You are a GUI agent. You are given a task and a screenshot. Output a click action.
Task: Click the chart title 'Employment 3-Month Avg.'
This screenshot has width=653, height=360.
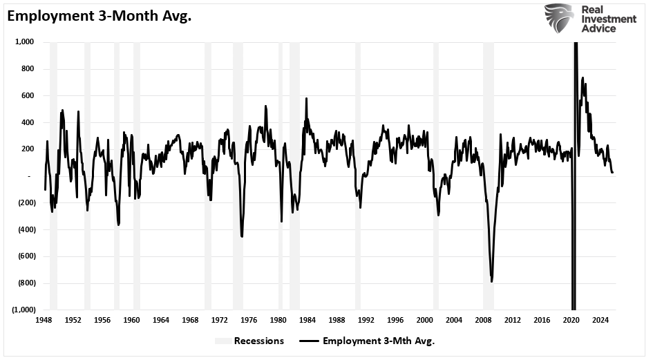click(x=100, y=16)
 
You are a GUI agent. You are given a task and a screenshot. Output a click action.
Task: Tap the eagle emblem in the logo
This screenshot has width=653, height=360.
click(x=559, y=19)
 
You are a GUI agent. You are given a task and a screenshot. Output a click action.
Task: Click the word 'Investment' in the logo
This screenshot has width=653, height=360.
click(x=609, y=19)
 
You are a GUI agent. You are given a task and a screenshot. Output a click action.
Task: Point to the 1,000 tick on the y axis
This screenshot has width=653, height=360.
click(x=23, y=42)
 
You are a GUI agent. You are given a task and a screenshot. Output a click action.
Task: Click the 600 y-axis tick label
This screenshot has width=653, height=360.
click(x=27, y=95)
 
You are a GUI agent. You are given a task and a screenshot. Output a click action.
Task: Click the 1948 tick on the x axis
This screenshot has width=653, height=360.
click(x=44, y=321)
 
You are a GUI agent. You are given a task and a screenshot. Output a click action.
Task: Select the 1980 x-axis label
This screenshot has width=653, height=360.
click(x=278, y=321)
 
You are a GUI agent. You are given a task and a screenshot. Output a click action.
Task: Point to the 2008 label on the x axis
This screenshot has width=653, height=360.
click(x=483, y=321)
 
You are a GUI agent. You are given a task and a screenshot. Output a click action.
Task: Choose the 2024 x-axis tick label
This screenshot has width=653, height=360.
click(x=600, y=321)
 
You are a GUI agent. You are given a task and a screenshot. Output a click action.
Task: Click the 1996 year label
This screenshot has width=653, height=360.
click(x=395, y=321)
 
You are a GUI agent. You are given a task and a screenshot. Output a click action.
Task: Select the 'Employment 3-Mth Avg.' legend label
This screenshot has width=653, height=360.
click(x=378, y=341)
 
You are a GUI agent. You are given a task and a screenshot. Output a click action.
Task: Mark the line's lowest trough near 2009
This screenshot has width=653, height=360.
click(x=491, y=281)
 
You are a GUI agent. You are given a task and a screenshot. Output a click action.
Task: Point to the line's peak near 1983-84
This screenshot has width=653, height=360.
click(x=306, y=99)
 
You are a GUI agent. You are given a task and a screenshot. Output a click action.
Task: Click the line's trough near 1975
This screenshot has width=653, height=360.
click(x=242, y=236)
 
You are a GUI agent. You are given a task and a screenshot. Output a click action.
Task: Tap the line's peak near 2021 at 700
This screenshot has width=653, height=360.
click(x=583, y=78)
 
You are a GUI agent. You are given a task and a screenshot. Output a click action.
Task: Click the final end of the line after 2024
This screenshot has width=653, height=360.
click(x=612, y=173)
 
